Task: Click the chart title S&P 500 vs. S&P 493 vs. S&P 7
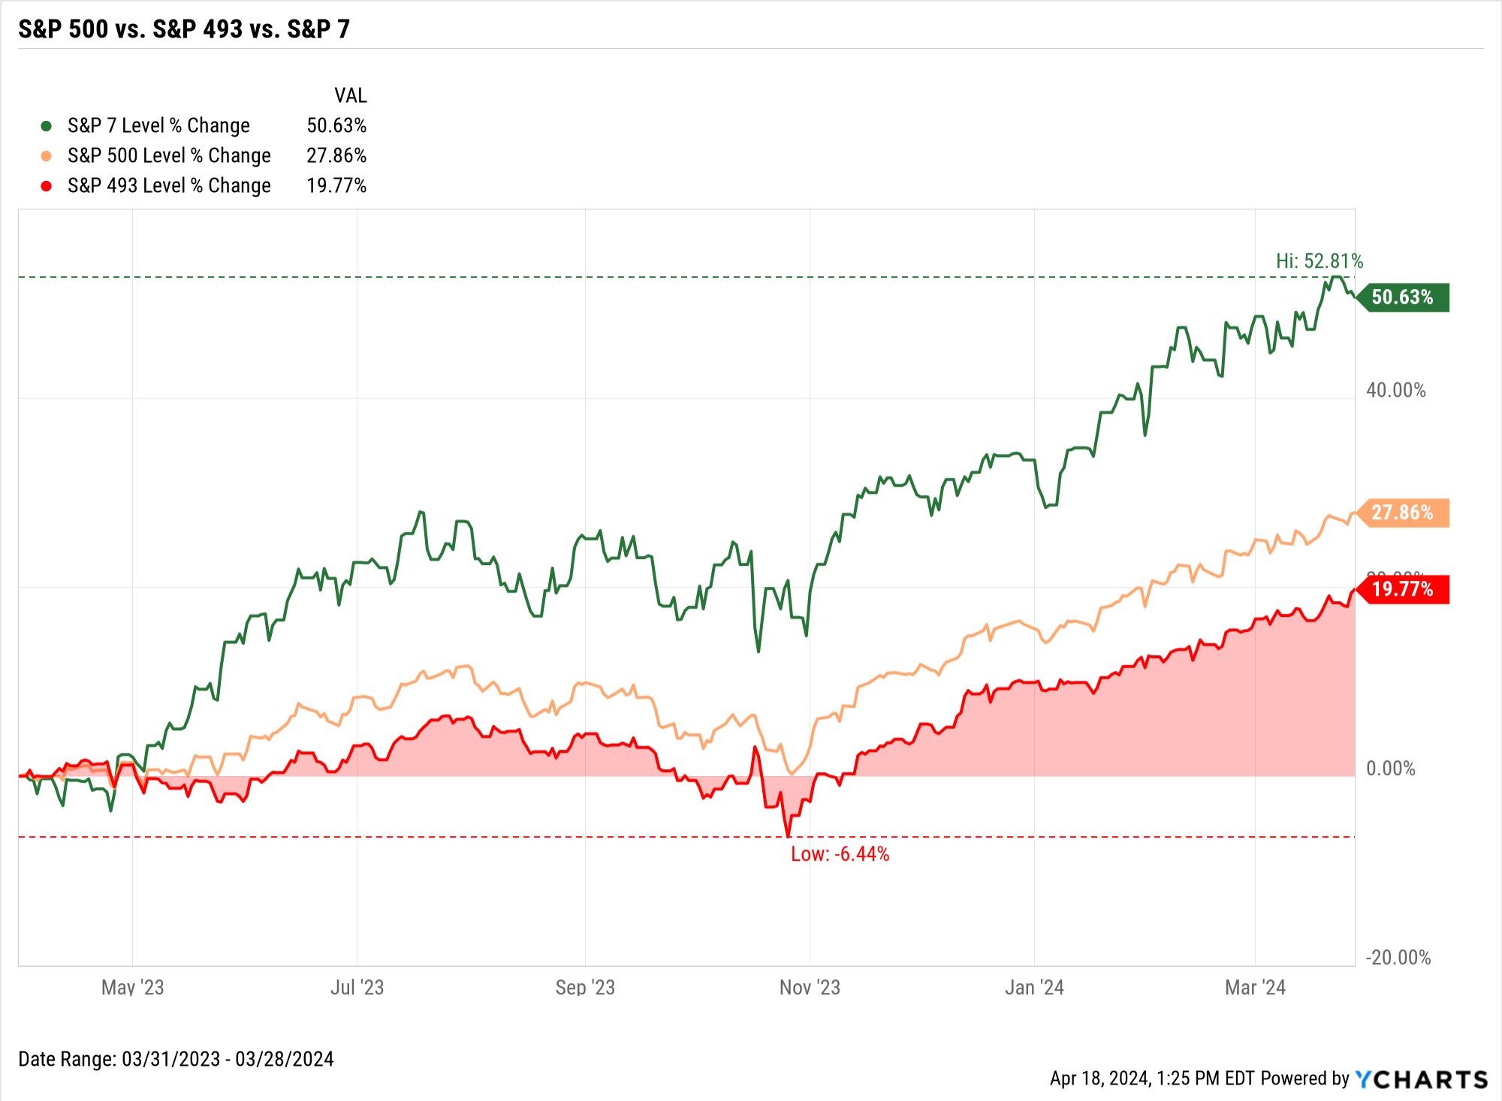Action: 184,29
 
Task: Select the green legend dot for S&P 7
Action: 46,126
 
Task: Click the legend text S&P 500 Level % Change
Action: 169,155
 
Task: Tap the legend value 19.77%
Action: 336,185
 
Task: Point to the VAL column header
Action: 350,95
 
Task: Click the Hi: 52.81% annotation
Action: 1319,261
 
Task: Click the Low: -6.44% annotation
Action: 840,854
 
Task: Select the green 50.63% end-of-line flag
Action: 1403,297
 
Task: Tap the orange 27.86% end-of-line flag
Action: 1403,513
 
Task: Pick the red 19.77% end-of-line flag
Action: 1403,589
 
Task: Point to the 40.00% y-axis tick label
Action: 1395,390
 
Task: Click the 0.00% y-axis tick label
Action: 1390,769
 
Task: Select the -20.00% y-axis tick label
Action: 1398,958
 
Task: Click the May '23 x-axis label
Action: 132,987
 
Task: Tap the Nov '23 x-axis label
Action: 810,987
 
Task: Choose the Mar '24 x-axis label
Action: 1255,987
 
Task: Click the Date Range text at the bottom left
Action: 176,1059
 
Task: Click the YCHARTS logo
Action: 1421,1079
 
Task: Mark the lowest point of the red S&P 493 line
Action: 788,836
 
